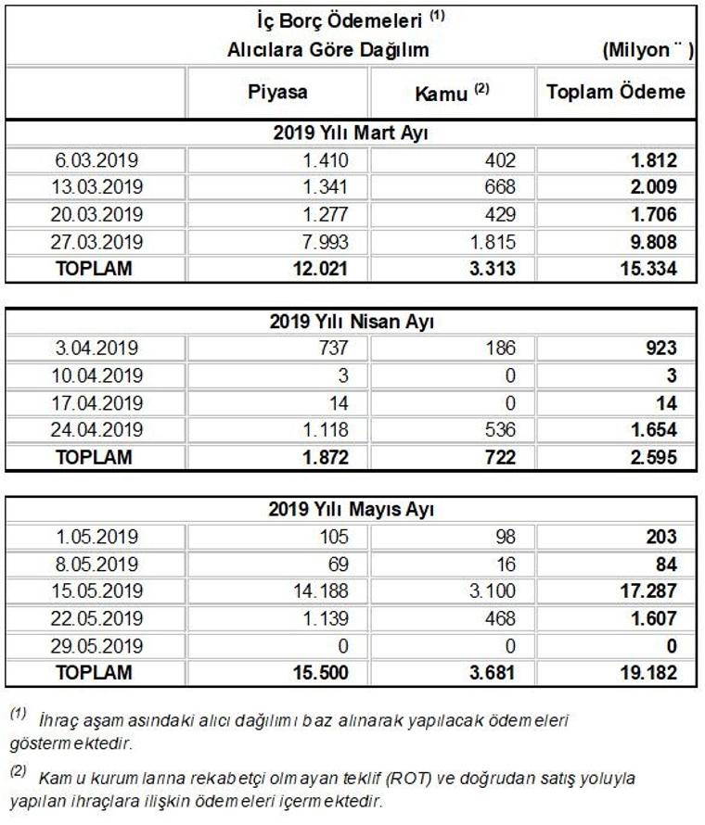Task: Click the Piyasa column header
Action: pyautogui.click(x=277, y=92)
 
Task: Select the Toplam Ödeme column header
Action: pyautogui.click(x=616, y=92)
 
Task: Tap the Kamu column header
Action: pyautogui.click(x=453, y=92)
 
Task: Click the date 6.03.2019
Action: pyautogui.click(x=96, y=159)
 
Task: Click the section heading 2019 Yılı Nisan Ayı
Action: pyautogui.click(x=352, y=323)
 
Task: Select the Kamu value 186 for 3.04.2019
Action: pyautogui.click(x=501, y=349)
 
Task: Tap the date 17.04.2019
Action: pyautogui.click(x=96, y=403)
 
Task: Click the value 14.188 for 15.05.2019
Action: pyautogui.click(x=322, y=590)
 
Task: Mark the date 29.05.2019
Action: pyautogui.click(x=96, y=645)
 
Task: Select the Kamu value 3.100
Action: pyautogui.click(x=494, y=590)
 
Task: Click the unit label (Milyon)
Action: pyautogui.click(x=646, y=50)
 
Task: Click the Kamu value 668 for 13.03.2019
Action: pyautogui.click(x=501, y=186)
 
